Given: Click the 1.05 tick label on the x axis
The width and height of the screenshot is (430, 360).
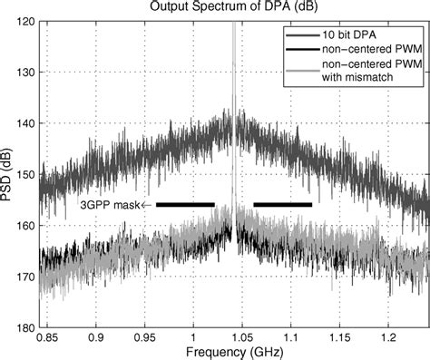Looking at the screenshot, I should [x=241, y=336].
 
